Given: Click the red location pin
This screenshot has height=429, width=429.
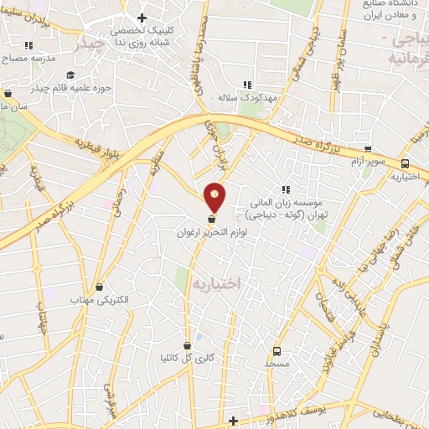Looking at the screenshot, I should click(x=215, y=196).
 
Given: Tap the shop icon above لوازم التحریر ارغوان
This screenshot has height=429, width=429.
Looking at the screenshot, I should click(x=210, y=219).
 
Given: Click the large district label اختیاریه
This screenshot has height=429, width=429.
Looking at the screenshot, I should click(x=216, y=284).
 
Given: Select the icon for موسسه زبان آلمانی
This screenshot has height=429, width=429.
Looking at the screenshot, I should click(x=285, y=190).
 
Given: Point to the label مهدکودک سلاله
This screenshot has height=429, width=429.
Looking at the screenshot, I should click(x=246, y=98).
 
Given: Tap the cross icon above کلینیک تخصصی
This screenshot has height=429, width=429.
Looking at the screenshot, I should click(x=142, y=18).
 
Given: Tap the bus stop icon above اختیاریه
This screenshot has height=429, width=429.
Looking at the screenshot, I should click(x=406, y=164).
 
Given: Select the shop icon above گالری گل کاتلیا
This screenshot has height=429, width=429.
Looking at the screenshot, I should click(x=188, y=344).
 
